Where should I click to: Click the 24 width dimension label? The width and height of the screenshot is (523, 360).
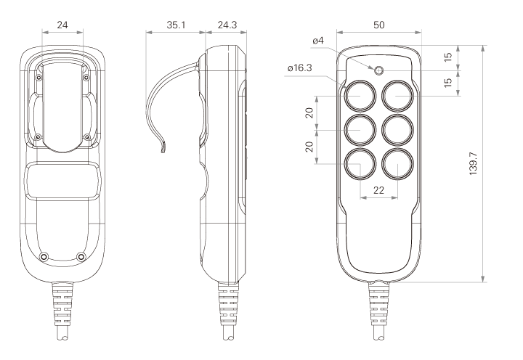[62, 25]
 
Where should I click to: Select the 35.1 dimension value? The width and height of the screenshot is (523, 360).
[176, 25]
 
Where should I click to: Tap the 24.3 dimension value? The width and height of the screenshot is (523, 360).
[227, 25]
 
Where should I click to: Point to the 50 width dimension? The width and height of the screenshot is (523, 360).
[379, 25]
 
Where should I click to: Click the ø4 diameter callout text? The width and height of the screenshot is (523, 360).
[318, 41]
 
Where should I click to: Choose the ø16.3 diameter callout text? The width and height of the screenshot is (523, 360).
[299, 68]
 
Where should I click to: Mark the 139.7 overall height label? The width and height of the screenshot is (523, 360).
[474, 163]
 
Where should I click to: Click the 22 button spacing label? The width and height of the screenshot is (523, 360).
[379, 190]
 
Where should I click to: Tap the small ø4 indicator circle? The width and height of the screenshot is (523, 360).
[379, 70]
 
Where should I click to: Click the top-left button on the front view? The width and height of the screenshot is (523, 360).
[360, 95]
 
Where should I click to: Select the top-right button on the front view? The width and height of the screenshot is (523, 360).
[398, 95]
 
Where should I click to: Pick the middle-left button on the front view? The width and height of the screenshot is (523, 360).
[360, 130]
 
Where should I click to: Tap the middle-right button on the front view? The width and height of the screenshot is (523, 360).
[398, 130]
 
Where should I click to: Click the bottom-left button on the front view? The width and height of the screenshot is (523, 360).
[360, 164]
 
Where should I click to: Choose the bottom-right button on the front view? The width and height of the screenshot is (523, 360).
[398, 164]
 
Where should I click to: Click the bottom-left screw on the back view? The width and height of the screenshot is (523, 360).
[44, 257]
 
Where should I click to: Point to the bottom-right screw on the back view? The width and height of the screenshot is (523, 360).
[81, 257]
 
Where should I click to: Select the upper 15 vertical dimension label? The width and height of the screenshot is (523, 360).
[449, 57]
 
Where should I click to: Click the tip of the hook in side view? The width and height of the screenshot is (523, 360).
[163, 152]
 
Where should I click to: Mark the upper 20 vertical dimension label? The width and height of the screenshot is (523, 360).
[310, 112]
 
